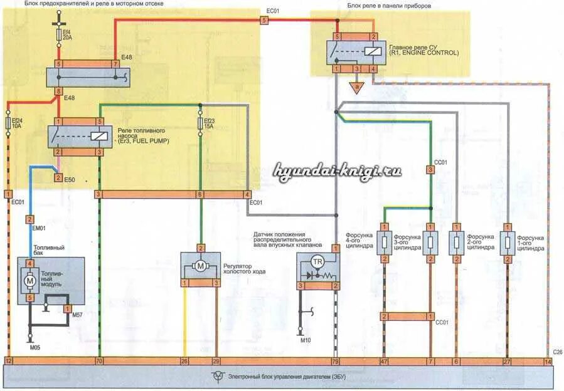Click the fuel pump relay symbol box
click(x=78, y=137)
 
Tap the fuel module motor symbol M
click(x=29, y=281)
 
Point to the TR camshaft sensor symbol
click(x=317, y=261)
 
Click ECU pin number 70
click(x=98, y=362)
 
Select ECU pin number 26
click(x=184, y=362)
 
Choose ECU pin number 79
click(x=336, y=362)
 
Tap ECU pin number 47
click(x=384, y=362)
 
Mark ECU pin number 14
click(x=548, y=362)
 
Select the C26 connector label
click(x=556, y=352)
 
